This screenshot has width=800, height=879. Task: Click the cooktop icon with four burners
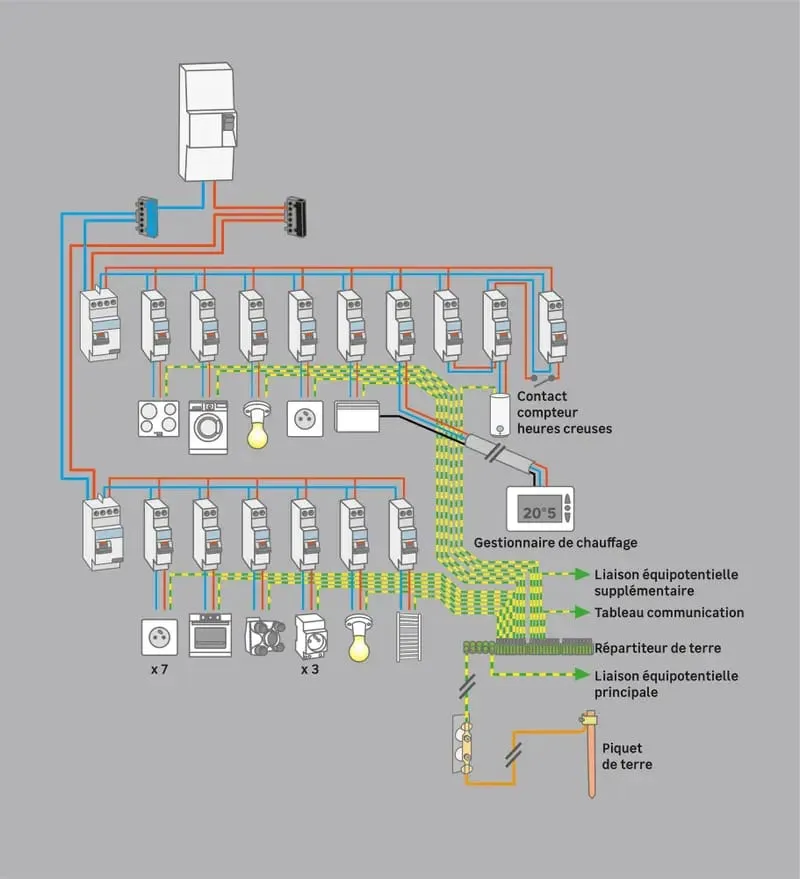pos(159,418)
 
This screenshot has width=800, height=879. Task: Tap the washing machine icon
pos(208,427)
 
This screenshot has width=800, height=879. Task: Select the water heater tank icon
pos(500,414)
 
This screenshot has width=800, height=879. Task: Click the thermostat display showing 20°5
pos(540,509)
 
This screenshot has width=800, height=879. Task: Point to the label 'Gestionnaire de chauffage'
pos(556,543)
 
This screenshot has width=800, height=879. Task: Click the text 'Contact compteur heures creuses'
pos(564,413)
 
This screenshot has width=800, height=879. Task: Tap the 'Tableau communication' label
pos(669,612)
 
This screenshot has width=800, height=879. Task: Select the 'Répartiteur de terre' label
pos(658,648)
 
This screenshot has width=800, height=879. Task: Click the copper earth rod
pos(590,754)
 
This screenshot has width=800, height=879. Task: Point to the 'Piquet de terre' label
pos(627,756)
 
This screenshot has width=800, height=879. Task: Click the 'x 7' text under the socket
pos(159,669)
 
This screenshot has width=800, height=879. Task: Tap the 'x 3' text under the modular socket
pos(309,669)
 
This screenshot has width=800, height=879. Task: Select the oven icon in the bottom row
pos(210,635)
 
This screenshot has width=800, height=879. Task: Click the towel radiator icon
pos(409,636)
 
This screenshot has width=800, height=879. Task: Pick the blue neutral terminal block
pos(146,217)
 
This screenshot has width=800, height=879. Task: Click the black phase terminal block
pos(295,216)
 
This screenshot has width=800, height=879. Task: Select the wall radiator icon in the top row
pos(357,416)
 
